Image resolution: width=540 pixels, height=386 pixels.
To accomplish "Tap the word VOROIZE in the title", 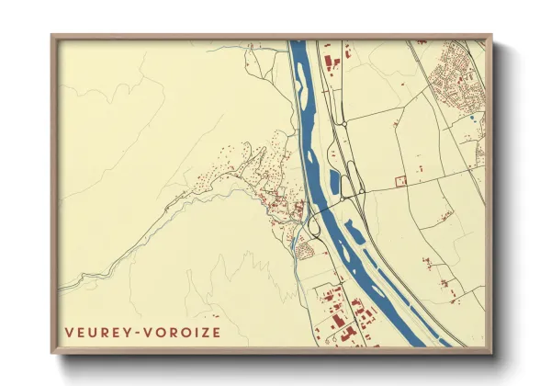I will pyautogui.click(x=182, y=332).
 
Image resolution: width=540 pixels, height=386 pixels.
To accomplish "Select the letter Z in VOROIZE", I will pyautogui.click(x=204, y=332).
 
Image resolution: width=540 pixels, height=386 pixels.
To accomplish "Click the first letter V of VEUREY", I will pyautogui.click(x=68, y=332).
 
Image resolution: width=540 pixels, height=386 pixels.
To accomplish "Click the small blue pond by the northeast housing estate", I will pyautogui.click(x=472, y=118).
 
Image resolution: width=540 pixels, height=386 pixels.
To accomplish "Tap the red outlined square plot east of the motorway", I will pyautogui.click(x=400, y=181).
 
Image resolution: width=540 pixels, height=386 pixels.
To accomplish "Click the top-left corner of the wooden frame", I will pyautogui.click(x=51, y=37).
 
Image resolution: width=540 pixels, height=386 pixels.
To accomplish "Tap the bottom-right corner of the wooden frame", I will pyautogui.click(x=491, y=353).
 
